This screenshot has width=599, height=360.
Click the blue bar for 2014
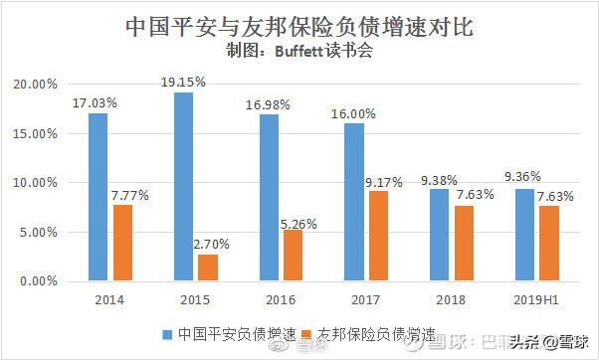(x=98, y=197)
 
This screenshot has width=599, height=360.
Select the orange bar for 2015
(x=208, y=268)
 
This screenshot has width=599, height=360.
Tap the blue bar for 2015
(x=182, y=187)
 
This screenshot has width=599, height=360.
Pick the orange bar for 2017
(x=379, y=236)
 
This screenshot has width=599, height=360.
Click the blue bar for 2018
(x=439, y=235)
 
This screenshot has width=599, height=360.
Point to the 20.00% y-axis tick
(x=37, y=85)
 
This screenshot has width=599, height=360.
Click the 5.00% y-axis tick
(x=40, y=233)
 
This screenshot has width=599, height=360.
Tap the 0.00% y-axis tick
(x=40, y=281)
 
